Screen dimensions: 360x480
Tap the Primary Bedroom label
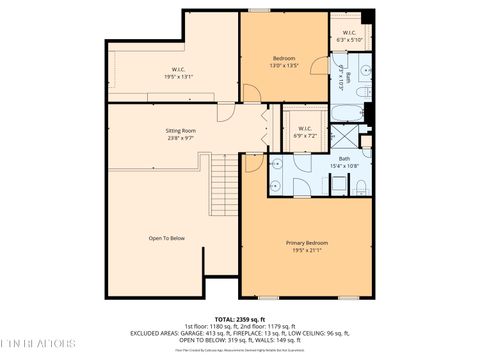click(x=307, y=243)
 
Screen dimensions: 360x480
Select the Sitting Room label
click(x=180, y=131)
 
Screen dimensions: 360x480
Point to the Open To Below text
click(x=167, y=238)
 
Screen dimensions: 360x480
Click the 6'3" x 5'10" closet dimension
click(x=350, y=40)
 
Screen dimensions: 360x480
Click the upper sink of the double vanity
click(x=275, y=164)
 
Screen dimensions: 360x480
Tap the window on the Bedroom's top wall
click(x=259, y=11)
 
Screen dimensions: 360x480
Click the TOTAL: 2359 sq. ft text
click(x=240, y=318)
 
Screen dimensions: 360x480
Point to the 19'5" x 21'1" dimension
click(x=307, y=250)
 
